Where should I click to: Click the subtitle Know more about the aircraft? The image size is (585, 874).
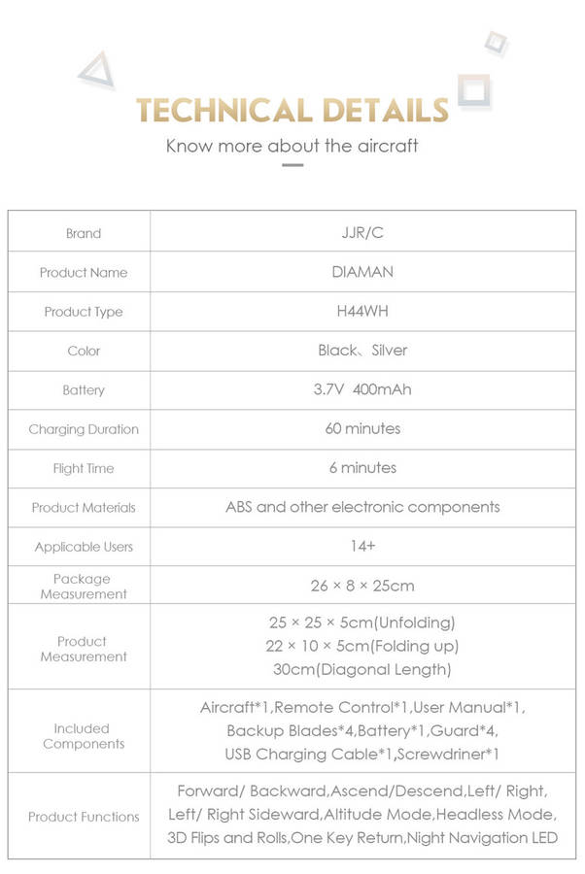292,147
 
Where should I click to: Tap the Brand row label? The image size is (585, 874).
84,233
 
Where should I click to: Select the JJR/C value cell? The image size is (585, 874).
362,233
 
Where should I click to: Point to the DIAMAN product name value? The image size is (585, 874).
362,272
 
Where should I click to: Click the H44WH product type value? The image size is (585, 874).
362,311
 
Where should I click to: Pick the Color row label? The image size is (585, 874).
84,351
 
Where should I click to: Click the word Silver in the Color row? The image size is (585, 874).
390,351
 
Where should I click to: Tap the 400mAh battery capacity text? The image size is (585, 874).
383,389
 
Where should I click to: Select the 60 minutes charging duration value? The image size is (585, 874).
362,428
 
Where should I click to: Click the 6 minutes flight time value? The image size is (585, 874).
362,467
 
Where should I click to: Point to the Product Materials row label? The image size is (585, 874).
84,507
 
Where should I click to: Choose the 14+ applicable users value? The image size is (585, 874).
362,546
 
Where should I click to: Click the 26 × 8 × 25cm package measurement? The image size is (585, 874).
362,586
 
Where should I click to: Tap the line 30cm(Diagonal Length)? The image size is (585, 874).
362,669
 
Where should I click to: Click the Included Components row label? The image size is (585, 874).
83,736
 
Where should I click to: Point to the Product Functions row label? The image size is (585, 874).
84,817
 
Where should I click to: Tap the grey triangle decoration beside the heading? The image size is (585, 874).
96,71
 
